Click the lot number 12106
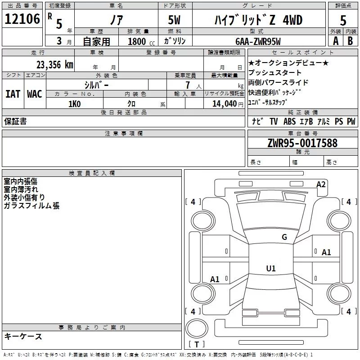point(22,19)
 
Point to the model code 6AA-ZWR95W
point(258,41)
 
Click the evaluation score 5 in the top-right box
point(343,21)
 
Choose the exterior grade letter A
point(335,41)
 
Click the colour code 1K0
point(75,104)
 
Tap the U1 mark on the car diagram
point(270,269)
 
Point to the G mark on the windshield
point(284,237)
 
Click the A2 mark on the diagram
point(321,184)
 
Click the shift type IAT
point(13,94)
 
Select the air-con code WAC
point(35,94)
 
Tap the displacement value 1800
point(137,41)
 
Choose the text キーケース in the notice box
point(23,336)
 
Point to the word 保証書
point(15,121)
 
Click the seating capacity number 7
point(187,85)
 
